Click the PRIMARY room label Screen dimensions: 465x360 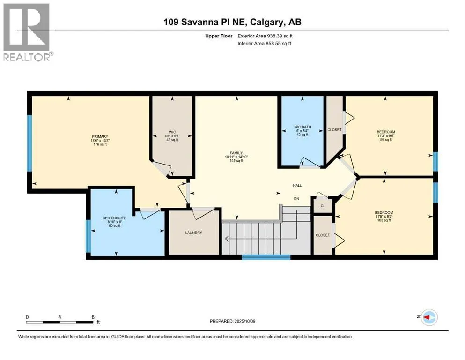click(100, 137)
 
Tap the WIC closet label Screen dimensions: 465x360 click(172, 132)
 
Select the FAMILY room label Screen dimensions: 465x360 click(236, 153)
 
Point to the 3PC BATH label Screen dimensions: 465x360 click(303, 127)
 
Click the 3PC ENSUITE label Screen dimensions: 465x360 click(114, 218)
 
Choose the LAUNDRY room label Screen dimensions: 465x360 click(194, 232)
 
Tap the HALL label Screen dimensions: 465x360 click(297, 186)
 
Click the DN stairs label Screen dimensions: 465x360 click(296, 199)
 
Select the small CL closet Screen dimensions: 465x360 click(323, 205)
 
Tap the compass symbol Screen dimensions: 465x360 click(429, 317)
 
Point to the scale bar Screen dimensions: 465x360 click(59, 322)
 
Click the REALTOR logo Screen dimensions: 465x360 click(27, 32)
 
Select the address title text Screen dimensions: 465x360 click(232, 22)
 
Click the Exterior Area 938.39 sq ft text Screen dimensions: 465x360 click(265, 36)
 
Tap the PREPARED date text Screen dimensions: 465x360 click(232, 321)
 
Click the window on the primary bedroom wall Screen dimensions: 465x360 click(30, 143)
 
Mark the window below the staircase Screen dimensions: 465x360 click(266, 257)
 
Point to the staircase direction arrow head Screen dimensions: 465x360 click(227, 239)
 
